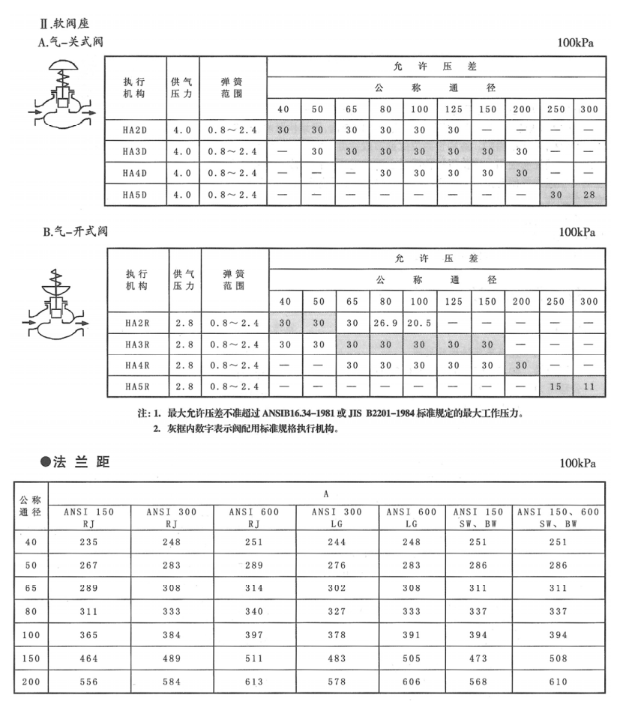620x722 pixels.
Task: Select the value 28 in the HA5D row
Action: pyautogui.click(x=589, y=196)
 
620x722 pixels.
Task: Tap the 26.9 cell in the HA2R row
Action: pyautogui.click(x=385, y=324)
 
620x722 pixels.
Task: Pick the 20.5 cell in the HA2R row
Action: pyautogui.click(x=420, y=324)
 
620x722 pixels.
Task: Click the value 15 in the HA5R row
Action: pyautogui.click(x=556, y=387)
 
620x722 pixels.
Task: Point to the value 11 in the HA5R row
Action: pyautogui.click(x=589, y=387)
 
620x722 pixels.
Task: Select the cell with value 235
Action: pyautogui.click(x=88, y=541)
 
